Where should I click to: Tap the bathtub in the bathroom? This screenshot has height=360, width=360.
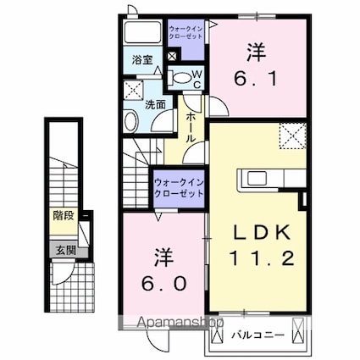pos(142,33)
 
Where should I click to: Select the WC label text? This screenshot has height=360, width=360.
pos(194,80)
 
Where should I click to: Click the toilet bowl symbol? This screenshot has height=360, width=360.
pos(180,79)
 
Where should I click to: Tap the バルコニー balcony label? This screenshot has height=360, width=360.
pos(253,335)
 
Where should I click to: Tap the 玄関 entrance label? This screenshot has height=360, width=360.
pos(64,250)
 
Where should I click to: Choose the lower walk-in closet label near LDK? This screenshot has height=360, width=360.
pos(180,187)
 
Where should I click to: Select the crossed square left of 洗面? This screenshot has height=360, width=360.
pos(134,91)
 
